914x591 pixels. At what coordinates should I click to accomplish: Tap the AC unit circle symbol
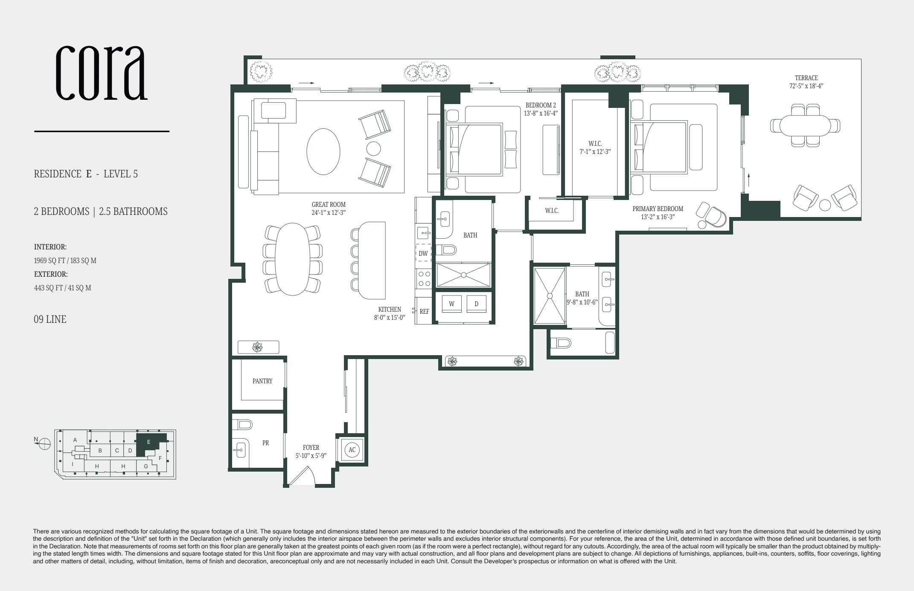pos(352,450)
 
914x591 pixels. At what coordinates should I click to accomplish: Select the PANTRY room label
pos(262,381)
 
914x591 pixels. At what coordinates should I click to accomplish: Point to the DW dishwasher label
pos(423,254)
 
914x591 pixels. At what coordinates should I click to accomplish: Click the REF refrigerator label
pos(424,312)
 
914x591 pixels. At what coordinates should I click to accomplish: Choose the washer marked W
pos(451,304)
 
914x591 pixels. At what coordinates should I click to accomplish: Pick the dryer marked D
pos(477,304)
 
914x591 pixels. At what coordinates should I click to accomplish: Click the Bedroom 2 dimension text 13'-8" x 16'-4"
pos(541,113)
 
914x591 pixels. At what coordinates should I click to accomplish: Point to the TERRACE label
pos(806,78)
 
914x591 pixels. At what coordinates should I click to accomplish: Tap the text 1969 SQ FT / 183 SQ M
pos(65,261)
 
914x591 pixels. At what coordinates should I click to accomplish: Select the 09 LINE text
pos(50,319)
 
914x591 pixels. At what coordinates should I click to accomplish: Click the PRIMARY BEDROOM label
pos(658,209)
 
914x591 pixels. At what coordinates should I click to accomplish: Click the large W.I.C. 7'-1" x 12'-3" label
pos(595,147)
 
